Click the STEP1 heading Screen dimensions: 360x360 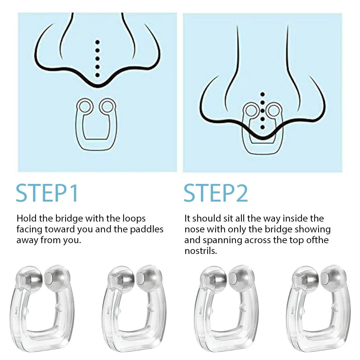pos(47,193)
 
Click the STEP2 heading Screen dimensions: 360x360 pos(216,193)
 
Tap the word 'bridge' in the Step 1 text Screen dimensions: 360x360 pos(69,219)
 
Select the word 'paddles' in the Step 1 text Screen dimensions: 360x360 pos(147,230)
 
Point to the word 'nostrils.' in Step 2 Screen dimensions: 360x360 pos(201,251)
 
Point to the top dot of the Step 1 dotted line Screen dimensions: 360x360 pos(97,42)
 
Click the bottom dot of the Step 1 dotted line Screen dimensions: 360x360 pos(97,75)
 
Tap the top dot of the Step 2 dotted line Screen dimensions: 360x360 pos(263,94)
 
